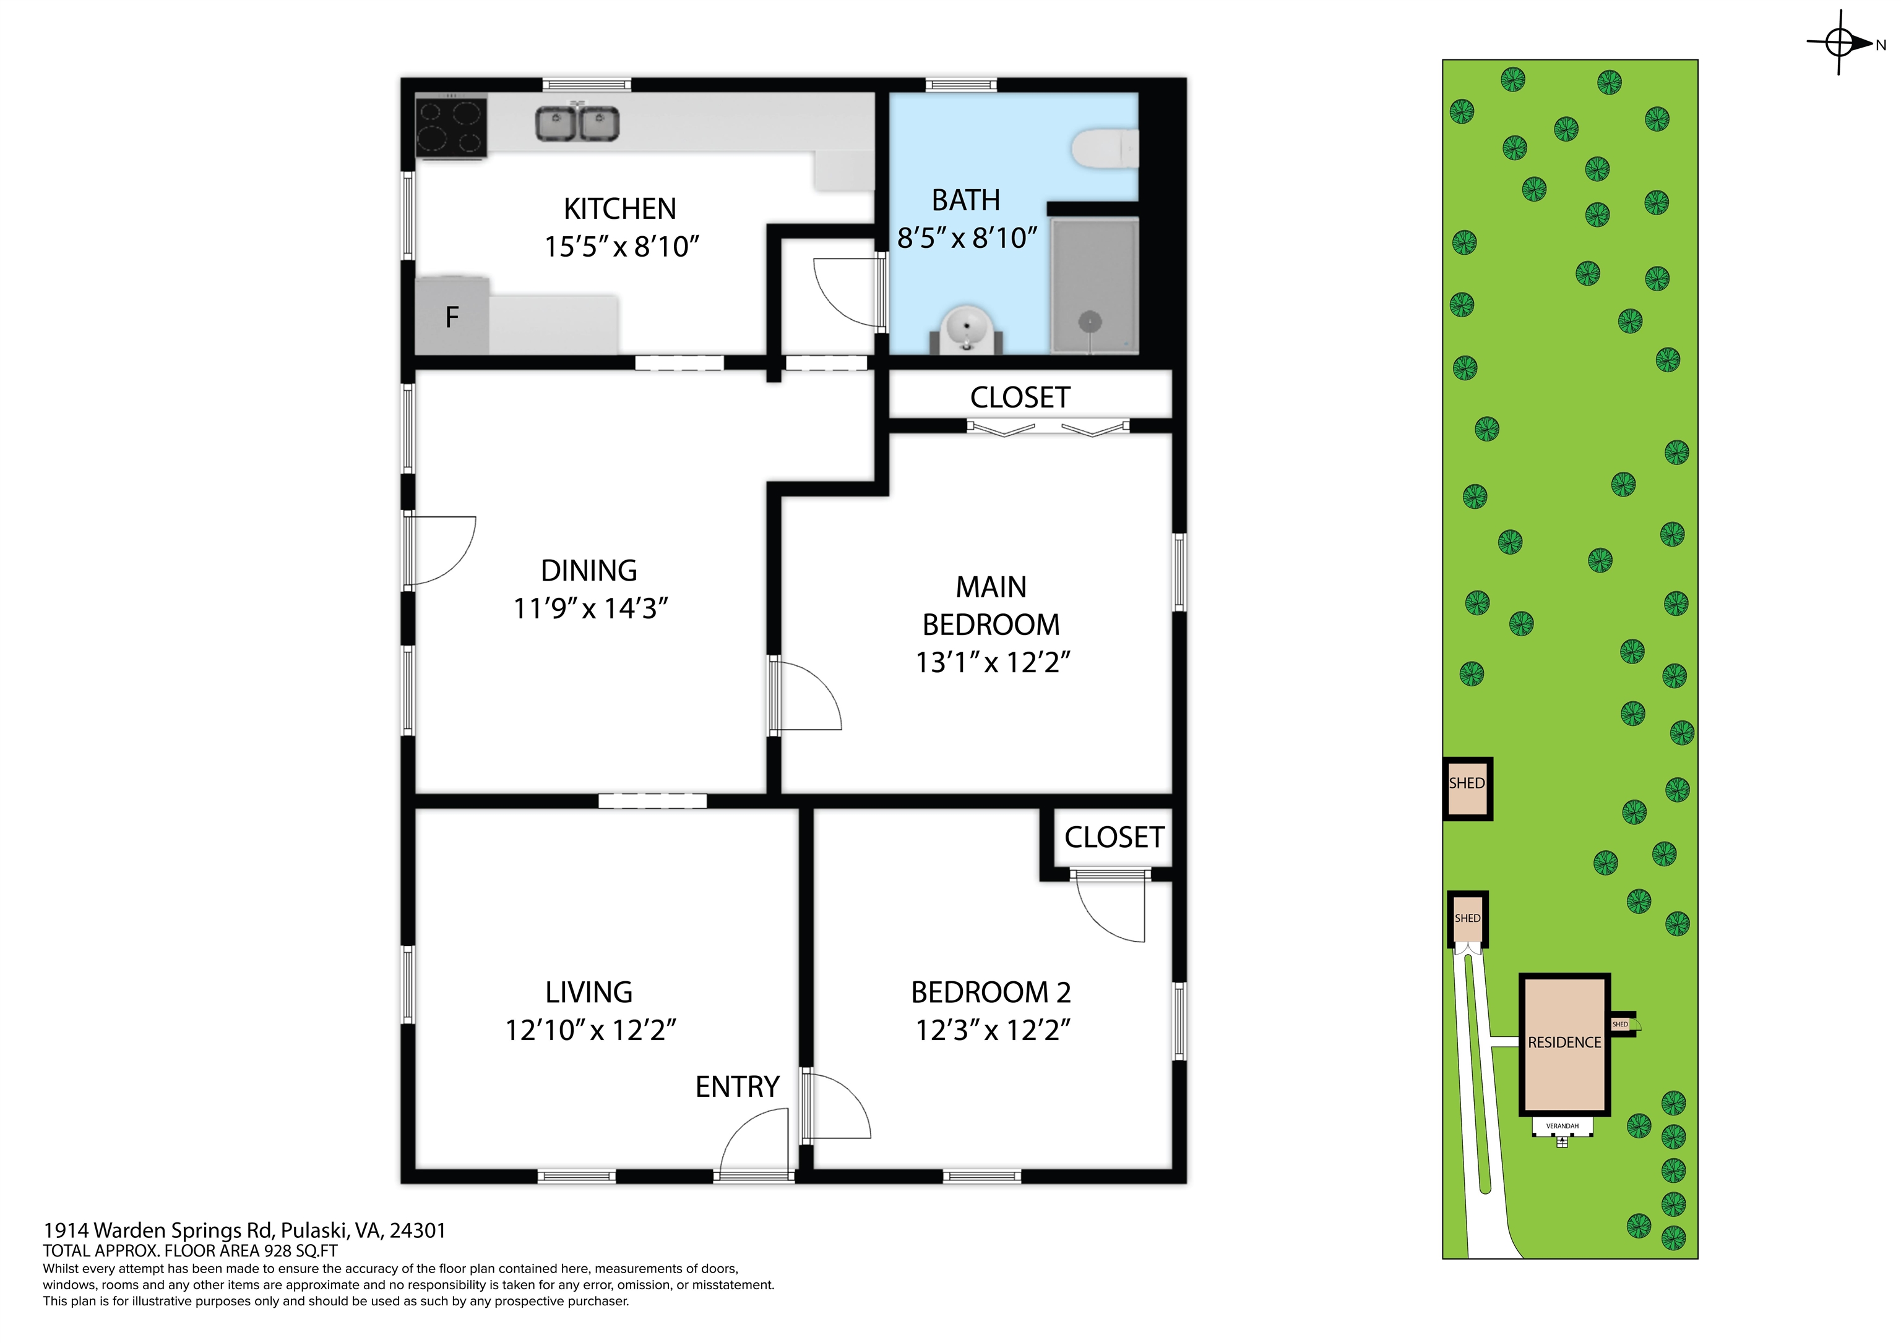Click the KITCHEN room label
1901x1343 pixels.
[x=620, y=208]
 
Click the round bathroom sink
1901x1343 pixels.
[x=966, y=328]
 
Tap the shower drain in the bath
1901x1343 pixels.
[x=1090, y=322]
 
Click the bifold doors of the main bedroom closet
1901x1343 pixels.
[x=1048, y=428]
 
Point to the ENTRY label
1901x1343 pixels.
[x=737, y=1086]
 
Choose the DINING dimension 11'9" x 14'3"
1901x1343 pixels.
[x=590, y=609]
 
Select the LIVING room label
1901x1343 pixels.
[x=588, y=992]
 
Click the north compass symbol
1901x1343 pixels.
[x=1840, y=42]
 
